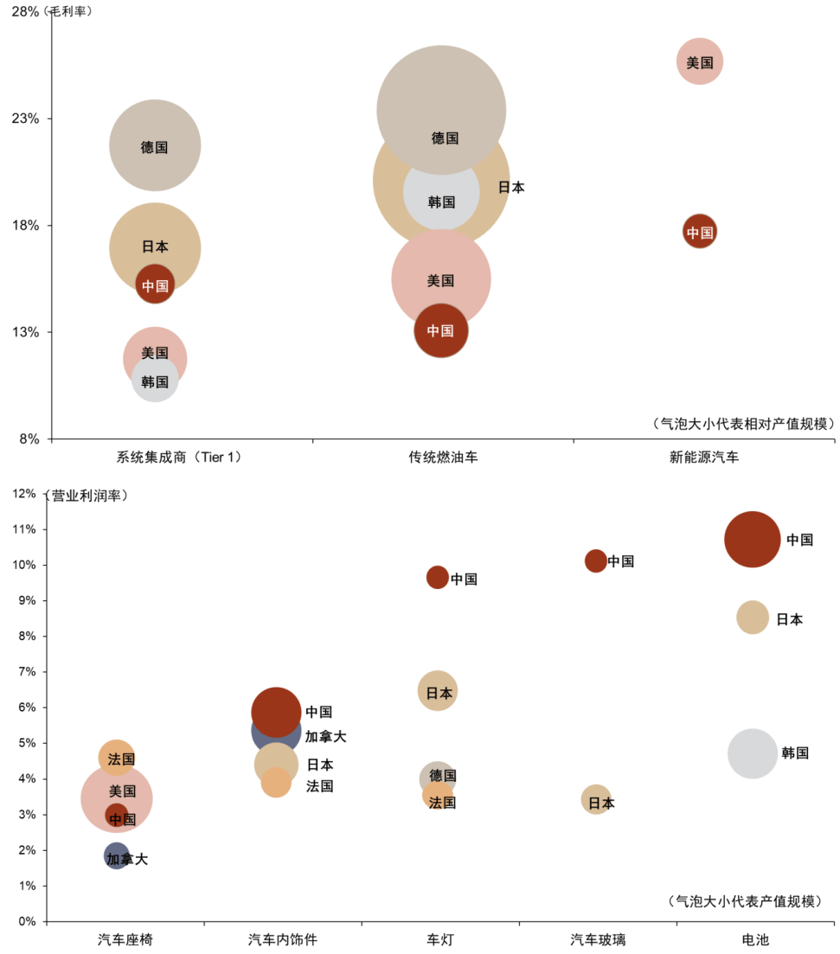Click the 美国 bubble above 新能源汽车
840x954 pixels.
point(699,61)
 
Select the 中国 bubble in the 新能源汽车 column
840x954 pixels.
point(699,232)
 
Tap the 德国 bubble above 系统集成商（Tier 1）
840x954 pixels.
point(155,145)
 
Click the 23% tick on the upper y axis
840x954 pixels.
point(25,118)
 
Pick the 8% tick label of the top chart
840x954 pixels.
point(29,439)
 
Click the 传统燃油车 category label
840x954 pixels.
point(443,458)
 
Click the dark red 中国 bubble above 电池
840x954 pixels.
point(753,539)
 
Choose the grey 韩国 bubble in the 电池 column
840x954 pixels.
point(753,753)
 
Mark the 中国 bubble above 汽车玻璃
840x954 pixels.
point(596,560)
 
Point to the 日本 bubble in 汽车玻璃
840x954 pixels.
point(596,800)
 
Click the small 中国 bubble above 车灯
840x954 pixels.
point(438,577)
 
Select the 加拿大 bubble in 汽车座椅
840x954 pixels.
point(117,855)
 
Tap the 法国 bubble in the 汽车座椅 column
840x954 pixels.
point(117,758)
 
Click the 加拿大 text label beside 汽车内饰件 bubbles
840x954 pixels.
point(325,737)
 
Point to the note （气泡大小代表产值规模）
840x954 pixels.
point(745,901)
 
